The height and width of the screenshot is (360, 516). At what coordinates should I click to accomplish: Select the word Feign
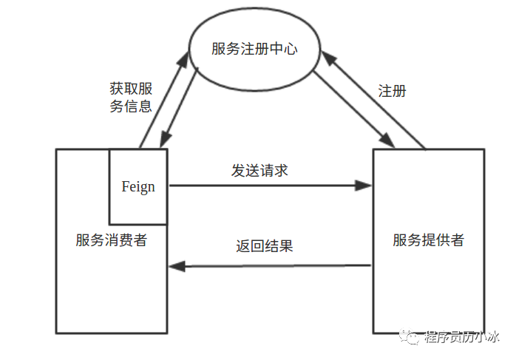[x=138, y=186]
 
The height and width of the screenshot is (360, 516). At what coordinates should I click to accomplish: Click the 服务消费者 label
[x=111, y=240]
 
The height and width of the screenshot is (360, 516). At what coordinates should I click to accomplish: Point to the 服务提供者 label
[x=428, y=240]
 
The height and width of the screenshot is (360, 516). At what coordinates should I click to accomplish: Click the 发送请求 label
[x=259, y=170]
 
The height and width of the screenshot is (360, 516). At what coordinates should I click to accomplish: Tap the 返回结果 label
[x=265, y=245]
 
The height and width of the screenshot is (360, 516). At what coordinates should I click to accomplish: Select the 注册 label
[x=393, y=92]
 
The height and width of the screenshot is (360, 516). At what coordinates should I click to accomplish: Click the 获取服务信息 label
[x=131, y=97]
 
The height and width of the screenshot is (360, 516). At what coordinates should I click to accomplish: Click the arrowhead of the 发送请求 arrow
[x=364, y=185]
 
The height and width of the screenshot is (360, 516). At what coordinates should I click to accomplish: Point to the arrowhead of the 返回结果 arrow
[x=176, y=266]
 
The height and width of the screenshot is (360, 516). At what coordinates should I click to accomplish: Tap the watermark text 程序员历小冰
[x=462, y=339]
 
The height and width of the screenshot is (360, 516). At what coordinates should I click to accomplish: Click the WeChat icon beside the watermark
[x=410, y=338]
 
